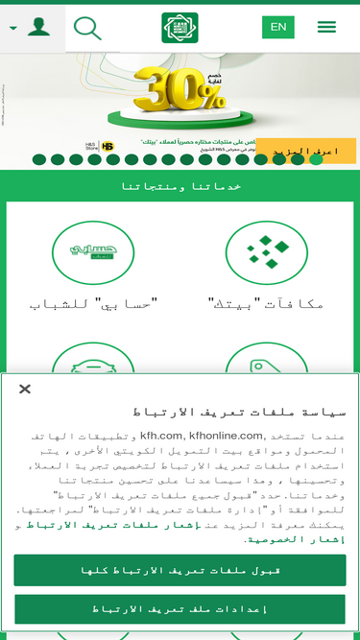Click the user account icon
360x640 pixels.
tap(38, 27)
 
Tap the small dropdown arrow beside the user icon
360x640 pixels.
tap(13, 28)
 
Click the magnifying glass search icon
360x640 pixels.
tap(86, 28)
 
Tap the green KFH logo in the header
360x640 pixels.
tap(180, 28)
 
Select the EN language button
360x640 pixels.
tap(278, 27)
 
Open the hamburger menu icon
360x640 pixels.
tap(326, 27)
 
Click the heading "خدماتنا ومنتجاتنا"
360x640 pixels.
tap(180, 186)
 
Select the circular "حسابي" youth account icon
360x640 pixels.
tap(93, 253)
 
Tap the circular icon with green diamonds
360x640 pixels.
tap(266, 253)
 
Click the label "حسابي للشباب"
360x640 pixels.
tap(93, 304)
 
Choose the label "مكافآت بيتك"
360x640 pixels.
tap(266, 304)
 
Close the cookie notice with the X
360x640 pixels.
tap(25, 389)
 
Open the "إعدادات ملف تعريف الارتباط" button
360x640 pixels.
tap(180, 609)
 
